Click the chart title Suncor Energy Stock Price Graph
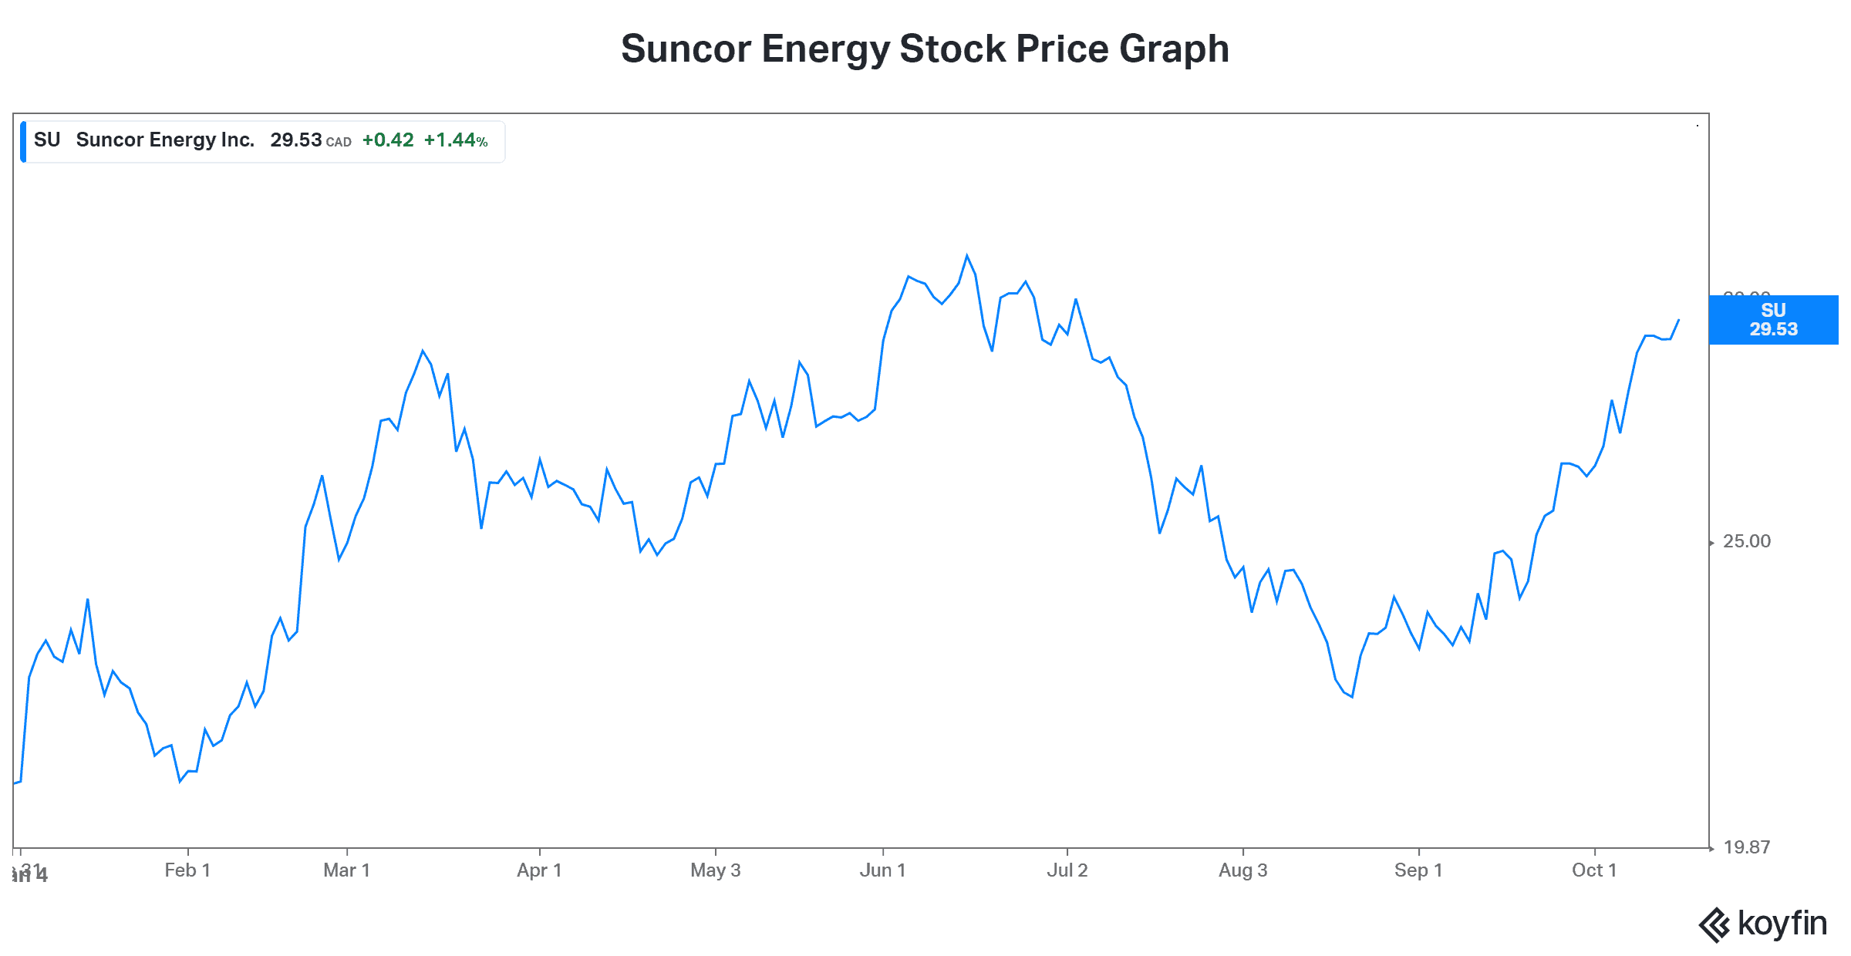pos(925,49)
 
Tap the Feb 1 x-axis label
pos(187,870)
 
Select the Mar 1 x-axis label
pos(347,870)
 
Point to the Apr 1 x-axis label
pos(539,870)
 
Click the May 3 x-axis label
pos(715,870)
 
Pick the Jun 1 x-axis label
pos(882,870)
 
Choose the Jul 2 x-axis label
pos(1067,870)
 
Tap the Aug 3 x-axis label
pos(1242,870)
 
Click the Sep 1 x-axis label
pos(1418,870)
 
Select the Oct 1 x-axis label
pos(1594,870)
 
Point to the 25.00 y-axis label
pos(1747,541)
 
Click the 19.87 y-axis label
pos(1747,847)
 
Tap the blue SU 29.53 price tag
pos(1773,320)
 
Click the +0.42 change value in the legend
pos(388,140)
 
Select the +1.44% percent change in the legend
pos(456,140)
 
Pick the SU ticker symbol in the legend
pos(47,140)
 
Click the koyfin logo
pos(1763,924)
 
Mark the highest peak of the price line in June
pos(967,255)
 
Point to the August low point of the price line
pos(1352,697)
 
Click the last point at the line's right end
pos(1678,320)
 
